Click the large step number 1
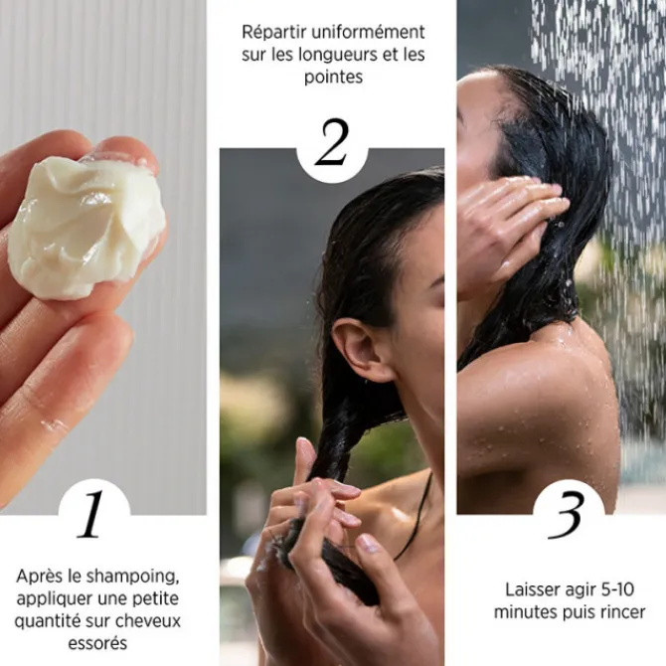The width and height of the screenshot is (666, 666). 92,514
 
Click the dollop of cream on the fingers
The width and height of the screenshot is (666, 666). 85,226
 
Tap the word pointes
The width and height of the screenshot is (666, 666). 332,77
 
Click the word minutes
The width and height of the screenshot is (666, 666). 527,611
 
